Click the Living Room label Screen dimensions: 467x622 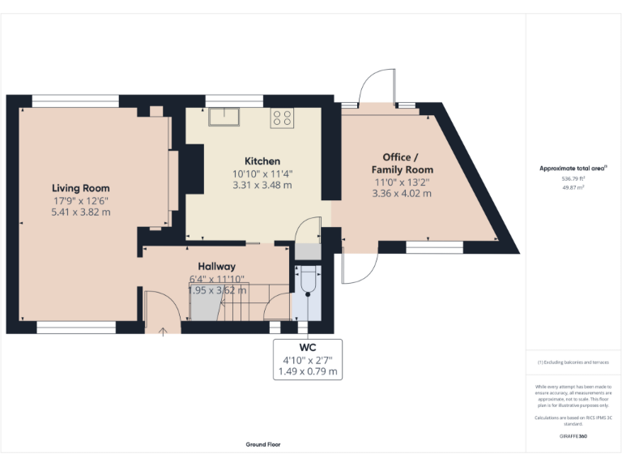coord(80,188)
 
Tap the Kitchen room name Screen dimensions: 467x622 coord(262,161)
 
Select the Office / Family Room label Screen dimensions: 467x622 coord(402,163)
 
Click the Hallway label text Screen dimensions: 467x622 coord(216,266)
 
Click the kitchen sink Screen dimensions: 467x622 coord(224,117)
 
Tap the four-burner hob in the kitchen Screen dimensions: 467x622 coord(282,118)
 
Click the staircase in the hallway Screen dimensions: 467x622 coord(243,302)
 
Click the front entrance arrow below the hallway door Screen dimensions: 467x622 coord(163,330)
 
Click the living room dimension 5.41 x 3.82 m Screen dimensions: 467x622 coord(80,212)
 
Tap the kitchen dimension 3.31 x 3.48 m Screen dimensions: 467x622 coord(262,185)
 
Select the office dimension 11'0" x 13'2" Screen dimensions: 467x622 coord(402,182)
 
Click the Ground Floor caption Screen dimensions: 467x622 coord(263,444)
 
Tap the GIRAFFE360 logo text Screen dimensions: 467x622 coord(573,436)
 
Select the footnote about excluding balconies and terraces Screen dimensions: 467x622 coord(573,362)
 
